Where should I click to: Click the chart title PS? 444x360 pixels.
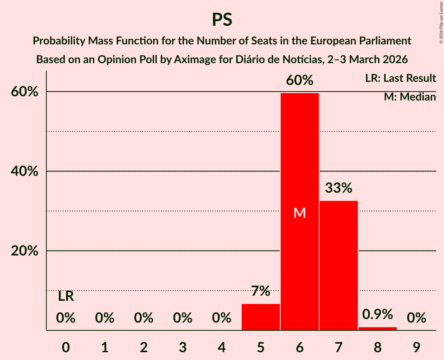222,19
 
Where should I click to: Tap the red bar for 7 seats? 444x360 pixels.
338,265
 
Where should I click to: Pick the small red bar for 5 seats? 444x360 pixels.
260,317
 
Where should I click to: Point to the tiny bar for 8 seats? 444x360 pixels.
377,328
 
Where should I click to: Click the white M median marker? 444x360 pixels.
299,213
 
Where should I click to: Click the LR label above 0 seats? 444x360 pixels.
66,296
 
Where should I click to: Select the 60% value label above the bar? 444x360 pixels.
299,80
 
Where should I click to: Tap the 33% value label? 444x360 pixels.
338,188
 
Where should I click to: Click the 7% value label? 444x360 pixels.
260,291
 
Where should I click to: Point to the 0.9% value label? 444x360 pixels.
377,314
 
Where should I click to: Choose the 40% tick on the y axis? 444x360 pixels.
25,171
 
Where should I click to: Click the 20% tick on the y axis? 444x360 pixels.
25,251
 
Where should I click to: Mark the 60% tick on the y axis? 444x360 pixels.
25,92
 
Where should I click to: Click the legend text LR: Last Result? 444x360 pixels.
400,78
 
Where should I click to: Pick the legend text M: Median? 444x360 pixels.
410,97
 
